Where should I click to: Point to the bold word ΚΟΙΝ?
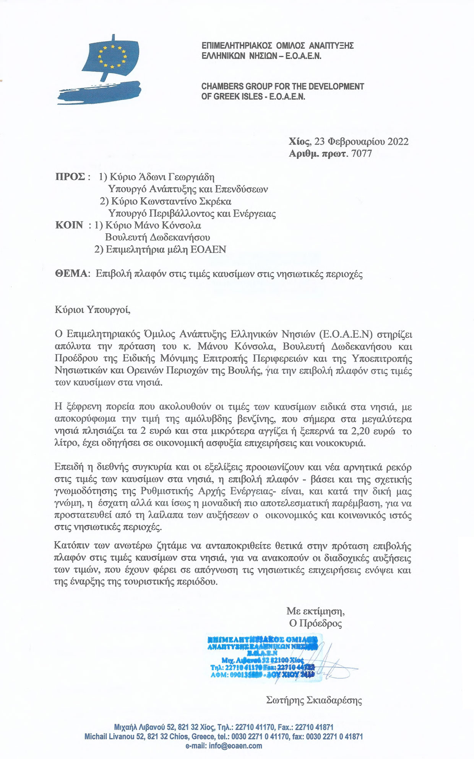69,225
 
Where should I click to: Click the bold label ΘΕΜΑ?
71,274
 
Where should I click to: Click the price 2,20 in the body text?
361,431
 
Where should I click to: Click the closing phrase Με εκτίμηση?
315,611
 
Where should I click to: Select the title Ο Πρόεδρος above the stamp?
315,624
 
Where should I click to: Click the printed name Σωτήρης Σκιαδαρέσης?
314,700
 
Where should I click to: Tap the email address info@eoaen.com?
235,746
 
